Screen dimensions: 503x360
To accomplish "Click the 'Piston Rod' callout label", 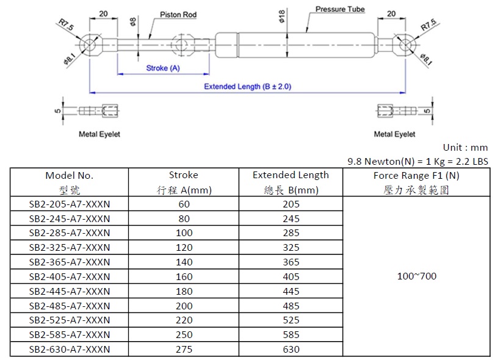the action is coord(178,15).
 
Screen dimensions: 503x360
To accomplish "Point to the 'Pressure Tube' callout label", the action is coord(340,9).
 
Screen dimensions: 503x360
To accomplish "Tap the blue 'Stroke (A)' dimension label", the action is coord(163,68).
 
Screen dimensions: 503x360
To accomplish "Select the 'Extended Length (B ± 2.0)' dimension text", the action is coord(248,87).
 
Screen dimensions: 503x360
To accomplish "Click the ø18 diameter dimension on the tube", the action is coord(281,16).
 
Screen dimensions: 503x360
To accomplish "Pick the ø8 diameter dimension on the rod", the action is coord(132,22).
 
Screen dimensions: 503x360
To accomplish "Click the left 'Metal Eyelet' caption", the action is coord(100,134).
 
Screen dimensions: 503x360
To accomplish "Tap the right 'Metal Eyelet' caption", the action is coord(394,134).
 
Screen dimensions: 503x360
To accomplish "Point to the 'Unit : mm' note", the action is coord(465,148).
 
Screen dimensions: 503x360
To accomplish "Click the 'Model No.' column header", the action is coord(70,176).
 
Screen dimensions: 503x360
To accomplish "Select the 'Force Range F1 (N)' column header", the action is coord(416,176).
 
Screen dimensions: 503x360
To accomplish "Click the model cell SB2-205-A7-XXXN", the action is coord(70,204).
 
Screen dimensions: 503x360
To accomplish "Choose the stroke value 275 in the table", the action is coord(184,349).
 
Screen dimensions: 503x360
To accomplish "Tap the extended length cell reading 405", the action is coord(291,276).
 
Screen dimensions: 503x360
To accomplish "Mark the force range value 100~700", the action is coord(417,276).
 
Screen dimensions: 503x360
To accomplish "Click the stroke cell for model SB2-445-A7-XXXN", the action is coord(184,292).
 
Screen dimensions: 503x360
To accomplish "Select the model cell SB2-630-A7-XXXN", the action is coord(70,349).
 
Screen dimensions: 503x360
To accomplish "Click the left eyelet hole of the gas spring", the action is coord(89,45).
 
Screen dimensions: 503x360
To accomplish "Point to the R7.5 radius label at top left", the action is coord(66,25).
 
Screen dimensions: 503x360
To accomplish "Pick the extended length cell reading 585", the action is coord(291,334).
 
